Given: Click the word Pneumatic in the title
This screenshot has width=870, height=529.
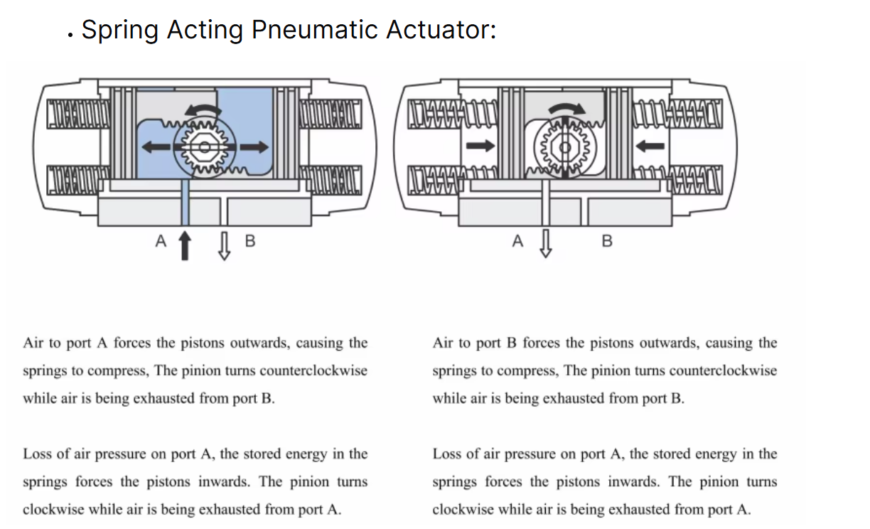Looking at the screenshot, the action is [x=315, y=30].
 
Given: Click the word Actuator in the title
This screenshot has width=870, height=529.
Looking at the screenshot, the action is [x=441, y=30].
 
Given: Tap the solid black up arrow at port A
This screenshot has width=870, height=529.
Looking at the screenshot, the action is [x=185, y=245].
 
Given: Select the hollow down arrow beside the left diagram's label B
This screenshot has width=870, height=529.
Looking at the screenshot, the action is [x=224, y=246].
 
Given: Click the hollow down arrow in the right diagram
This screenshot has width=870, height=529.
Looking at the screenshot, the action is [x=546, y=244].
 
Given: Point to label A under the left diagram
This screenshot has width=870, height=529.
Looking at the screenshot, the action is [x=161, y=241].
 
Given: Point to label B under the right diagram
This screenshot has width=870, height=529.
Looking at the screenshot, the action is [x=607, y=241].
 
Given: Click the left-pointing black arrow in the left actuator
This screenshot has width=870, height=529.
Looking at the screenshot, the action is [x=156, y=146].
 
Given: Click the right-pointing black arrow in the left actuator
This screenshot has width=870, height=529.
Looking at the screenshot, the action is [x=254, y=146].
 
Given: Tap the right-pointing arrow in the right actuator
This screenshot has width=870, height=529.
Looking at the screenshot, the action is [x=480, y=146].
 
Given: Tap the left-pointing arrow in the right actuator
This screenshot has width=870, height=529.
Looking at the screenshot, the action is [x=650, y=146].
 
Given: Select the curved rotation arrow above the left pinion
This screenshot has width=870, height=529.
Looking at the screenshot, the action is [x=203, y=110].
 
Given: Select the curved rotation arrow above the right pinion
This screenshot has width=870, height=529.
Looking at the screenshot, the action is [x=567, y=109].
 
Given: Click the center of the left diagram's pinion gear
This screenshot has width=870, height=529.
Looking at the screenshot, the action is [x=204, y=147].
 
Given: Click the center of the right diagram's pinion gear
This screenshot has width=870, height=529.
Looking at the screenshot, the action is [x=565, y=147].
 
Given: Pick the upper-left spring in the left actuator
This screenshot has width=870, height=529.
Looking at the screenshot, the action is [x=78, y=114].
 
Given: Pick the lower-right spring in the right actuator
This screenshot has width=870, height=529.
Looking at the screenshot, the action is [x=677, y=180].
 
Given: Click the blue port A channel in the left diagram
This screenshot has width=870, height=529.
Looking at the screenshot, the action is [x=186, y=203].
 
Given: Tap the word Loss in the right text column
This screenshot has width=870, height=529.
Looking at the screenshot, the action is [x=446, y=454].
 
